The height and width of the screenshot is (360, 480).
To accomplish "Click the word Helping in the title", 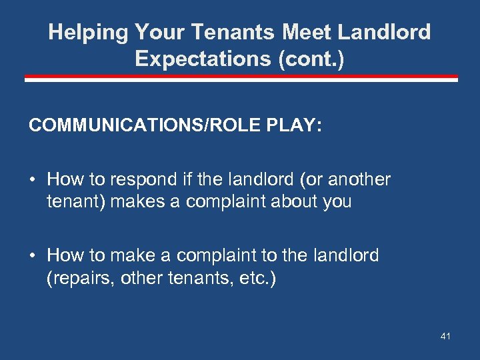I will click(89, 32).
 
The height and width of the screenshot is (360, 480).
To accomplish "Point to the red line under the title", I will click(241, 79).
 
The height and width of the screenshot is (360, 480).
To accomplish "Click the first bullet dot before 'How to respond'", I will click(33, 180).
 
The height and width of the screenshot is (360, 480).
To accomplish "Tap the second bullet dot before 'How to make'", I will click(33, 256).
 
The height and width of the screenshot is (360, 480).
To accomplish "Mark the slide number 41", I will click(445, 337).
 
